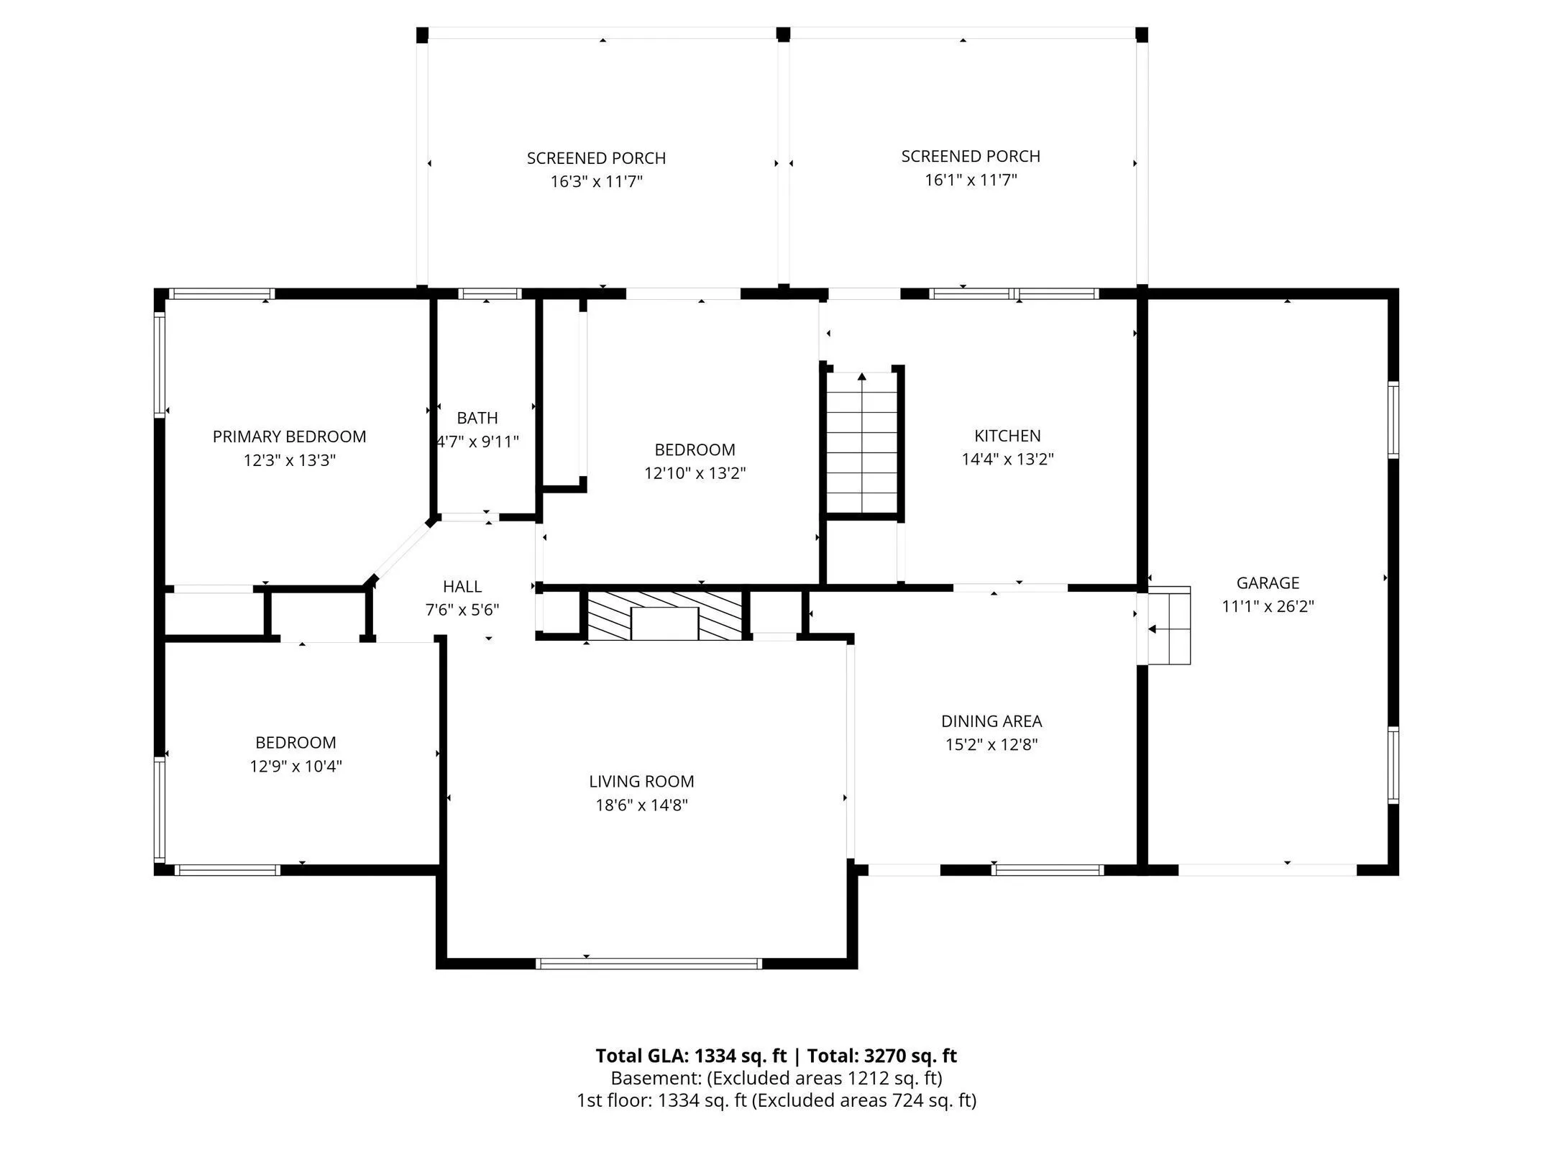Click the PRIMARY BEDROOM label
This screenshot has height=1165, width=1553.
pyautogui.click(x=289, y=437)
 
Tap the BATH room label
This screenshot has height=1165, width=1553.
pyautogui.click(x=477, y=418)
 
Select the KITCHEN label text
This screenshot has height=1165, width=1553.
pyautogui.click(x=1007, y=435)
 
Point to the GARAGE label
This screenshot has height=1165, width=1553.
pyautogui.click(x=1268, y=582)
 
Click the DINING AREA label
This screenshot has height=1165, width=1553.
pyautogui.click(x=991, y=721)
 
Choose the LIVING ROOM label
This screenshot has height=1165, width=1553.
pyautogui.click(x=641, y=781)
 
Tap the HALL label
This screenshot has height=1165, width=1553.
pyautogui.click(x=462, y=586)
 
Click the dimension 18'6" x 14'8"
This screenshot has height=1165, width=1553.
pyautogui.click(x=641, y=805)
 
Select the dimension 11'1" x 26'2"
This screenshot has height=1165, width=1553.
pyautogui.click(x=1268, y=606)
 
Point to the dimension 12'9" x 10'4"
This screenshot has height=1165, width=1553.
pyautogui.click(x=296, y=766)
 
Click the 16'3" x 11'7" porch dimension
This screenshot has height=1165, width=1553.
pyautogui.click(x=596, y=181)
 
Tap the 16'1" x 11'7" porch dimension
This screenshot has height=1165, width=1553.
pyautogui.click(x=971, y=180)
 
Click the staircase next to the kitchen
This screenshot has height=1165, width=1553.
pyautogui.click(x=862, y=442)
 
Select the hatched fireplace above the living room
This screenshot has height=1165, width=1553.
pyautogui.click(x=665, y=615)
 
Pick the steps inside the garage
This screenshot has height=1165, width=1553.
pyautogui.click(x=1168, y=625)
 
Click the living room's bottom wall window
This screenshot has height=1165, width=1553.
pyautogui.click(x=649, y=963)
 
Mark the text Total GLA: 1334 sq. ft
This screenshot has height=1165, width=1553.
pyautogui.click(x=692, y=1056)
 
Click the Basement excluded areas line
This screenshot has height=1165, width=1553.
pyautogui.click(x=776, y=1078)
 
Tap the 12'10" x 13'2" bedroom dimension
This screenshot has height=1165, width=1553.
pyautogui.click(x=695, y=473)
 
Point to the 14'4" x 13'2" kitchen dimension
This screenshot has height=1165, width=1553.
pyautogui.click(x=1007, y=459)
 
